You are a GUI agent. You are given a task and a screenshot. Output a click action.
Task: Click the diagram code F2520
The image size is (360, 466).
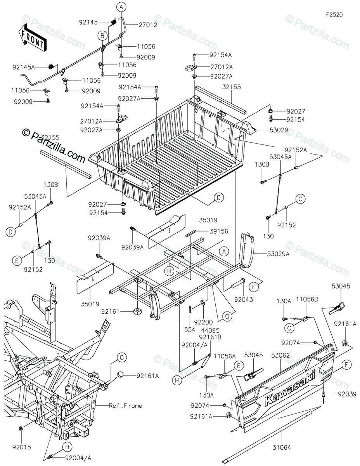coord(334,15)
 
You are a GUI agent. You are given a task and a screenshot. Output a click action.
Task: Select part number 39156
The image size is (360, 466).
coord(219,231)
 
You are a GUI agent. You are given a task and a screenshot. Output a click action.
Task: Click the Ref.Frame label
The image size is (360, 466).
coord(125,406)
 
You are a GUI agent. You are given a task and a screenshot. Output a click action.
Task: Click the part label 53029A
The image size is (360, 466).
coord(278,254)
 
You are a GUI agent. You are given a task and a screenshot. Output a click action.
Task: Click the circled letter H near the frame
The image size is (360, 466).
coord(67,448)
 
